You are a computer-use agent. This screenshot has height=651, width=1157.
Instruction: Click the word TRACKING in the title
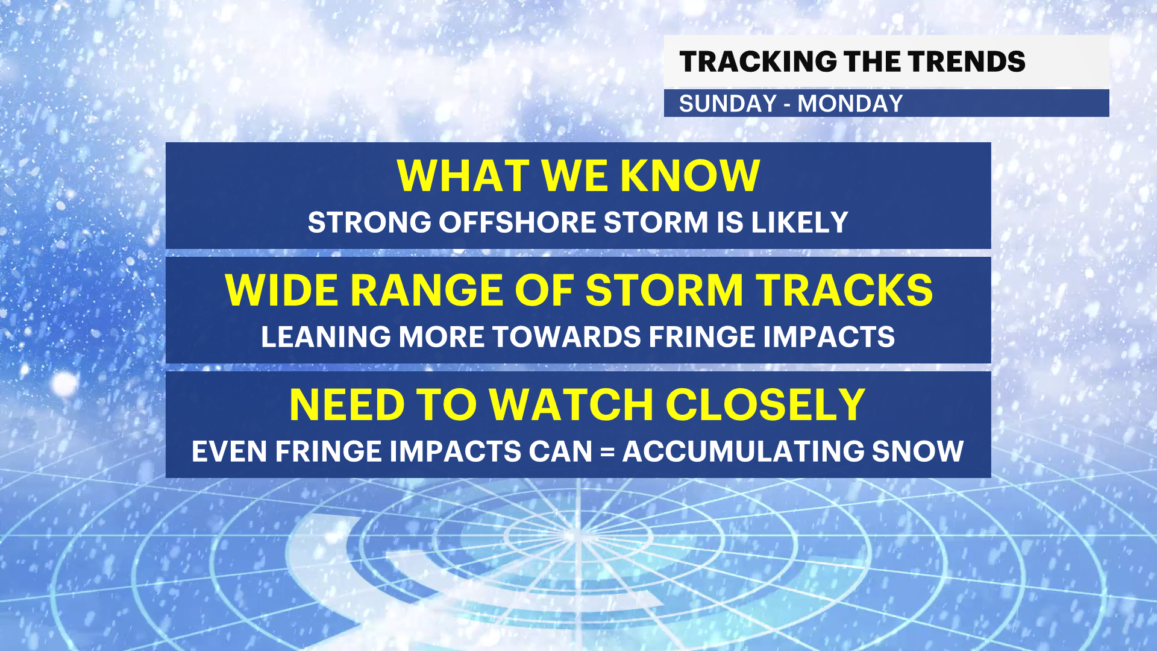(x=758, y=61)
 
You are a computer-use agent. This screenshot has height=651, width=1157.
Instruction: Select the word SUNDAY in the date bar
(x=728, y=104)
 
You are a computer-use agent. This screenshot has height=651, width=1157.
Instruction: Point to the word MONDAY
(x=850, y=104)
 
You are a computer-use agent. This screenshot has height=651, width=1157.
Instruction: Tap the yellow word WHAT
(x=463, y=176)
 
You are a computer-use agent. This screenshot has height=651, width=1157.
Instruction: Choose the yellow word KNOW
(x=690, y=176)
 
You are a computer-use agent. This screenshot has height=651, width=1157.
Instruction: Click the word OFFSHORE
(x=518, y=222)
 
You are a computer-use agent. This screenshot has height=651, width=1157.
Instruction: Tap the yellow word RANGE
(x=427, y=291)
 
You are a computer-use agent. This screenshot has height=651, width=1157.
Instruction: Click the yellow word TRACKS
(x=845, y=291)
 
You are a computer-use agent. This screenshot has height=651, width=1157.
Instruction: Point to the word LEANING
(x=326, y=337)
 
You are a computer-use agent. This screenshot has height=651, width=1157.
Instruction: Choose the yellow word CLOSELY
(x=765, y=405)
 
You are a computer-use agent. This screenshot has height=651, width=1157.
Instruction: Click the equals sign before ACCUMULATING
(x=607, y=452)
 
